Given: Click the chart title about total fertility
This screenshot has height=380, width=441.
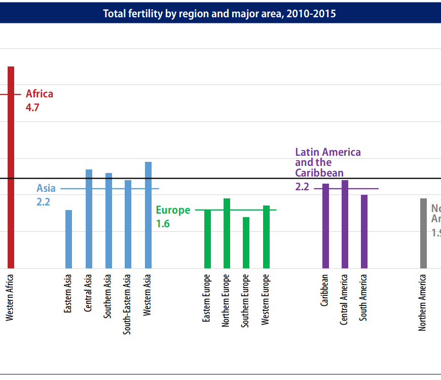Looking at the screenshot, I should coord(219,13).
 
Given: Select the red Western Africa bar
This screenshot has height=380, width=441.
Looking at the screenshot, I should coord(11,167).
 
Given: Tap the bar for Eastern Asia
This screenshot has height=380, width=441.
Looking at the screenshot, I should coord(68,239).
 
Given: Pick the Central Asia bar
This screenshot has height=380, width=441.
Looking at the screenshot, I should coord(89,219).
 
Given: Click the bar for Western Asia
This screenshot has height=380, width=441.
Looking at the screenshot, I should coord(148,215).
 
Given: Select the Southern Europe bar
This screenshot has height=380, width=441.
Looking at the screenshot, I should coord(246,243).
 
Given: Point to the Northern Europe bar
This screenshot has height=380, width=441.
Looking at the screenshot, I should coord(227,233).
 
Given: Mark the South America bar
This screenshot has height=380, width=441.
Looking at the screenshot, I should coord(364,231).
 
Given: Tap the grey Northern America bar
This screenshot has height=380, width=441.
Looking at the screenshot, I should coord(423,233).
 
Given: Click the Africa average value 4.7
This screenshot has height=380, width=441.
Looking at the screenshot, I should coord(32,108).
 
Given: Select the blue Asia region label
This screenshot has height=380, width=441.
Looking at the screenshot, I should coord(46,189).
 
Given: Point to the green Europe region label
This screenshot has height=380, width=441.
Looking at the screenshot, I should coord(173,210).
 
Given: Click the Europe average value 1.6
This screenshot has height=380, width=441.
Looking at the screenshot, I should coord(163,223).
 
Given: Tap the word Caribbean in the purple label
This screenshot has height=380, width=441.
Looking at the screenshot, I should coord(319,173).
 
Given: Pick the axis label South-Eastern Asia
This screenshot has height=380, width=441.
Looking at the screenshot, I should coord(128,304).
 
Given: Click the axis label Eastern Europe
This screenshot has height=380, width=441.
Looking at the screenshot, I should coord(207,299).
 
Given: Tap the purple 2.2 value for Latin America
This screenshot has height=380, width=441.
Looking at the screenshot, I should coord(302,187).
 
